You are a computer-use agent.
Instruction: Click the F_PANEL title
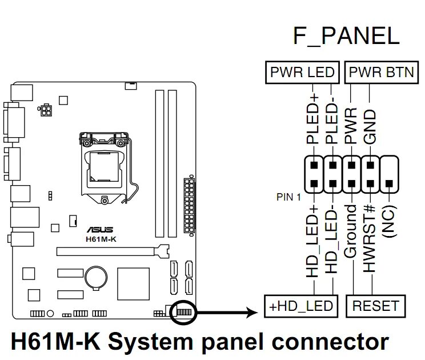(346, 35)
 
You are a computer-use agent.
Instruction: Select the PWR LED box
(302, 73)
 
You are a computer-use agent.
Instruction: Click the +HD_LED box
(301, 306)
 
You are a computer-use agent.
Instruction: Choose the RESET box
(375, 306)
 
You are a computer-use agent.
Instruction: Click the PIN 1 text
(288, 198)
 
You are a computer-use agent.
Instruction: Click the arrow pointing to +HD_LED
(228, 312)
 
